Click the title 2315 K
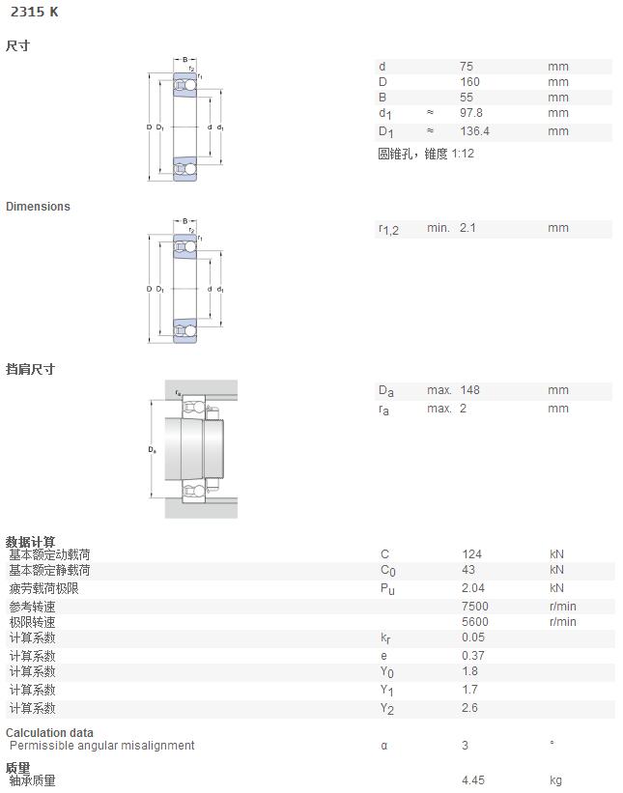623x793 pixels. pyautogui.click(x=35, y=12)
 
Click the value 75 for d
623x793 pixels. pyautogui.click(x=467, y=67)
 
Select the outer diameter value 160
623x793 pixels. pyautogui.click(x=469, y=82)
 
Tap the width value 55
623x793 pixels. pyautogui.click(x=467, y=98)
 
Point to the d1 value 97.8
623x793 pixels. pyautogui.click(x=470, y=113)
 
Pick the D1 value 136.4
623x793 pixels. pyautogui.click(x=474, y=131)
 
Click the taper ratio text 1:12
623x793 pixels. pyautogui.click(x=463, y=154)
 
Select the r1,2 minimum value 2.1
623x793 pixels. pyautogui.click(x=467, y=228)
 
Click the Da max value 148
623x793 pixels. pyautogui.click(x=469, y=390)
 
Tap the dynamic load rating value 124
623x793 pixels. pyautogui.click(x=471, y=554)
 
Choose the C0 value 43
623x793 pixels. pyautogui.click(x=468, y=570)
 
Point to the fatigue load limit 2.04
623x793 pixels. pyautogui.click(x=473, y=588)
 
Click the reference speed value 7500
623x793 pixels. pyautogui.click(x=475, y=607)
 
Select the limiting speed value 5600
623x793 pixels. pyautogui.click(x=475, y=622)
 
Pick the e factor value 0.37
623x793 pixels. pyautogui.click(x=473, y=656)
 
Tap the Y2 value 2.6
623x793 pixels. pyautogui.click(x=469, y=708)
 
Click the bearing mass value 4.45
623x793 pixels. pyautogui.click(x=473, y=779)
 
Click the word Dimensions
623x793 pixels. pyautogui.click(x=38, y=207)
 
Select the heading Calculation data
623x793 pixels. pyautogui.click(x=49, y=732)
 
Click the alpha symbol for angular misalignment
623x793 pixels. pyautogui.click(x=384, y=746)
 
